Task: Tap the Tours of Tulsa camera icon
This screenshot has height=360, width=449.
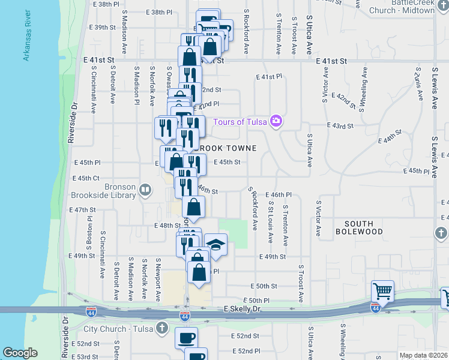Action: click(x=276, y=121)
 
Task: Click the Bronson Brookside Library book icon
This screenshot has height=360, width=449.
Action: click(x=145, y=191)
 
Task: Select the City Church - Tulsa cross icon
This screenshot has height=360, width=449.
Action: click(x=161, y=328)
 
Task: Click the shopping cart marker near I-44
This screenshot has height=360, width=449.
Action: click(x=382, y=292)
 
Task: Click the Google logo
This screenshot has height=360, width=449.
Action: click(x=20, y=353)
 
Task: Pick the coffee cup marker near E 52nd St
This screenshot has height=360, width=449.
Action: click(x=186, y=337)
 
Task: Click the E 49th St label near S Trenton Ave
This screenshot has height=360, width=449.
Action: click(x=273, y=257)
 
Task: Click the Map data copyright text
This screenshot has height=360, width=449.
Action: click(x=423, y=355)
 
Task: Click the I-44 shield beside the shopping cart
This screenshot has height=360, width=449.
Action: click(x=375, y=308)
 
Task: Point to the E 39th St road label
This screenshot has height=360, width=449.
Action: click(x=101, y=28)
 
